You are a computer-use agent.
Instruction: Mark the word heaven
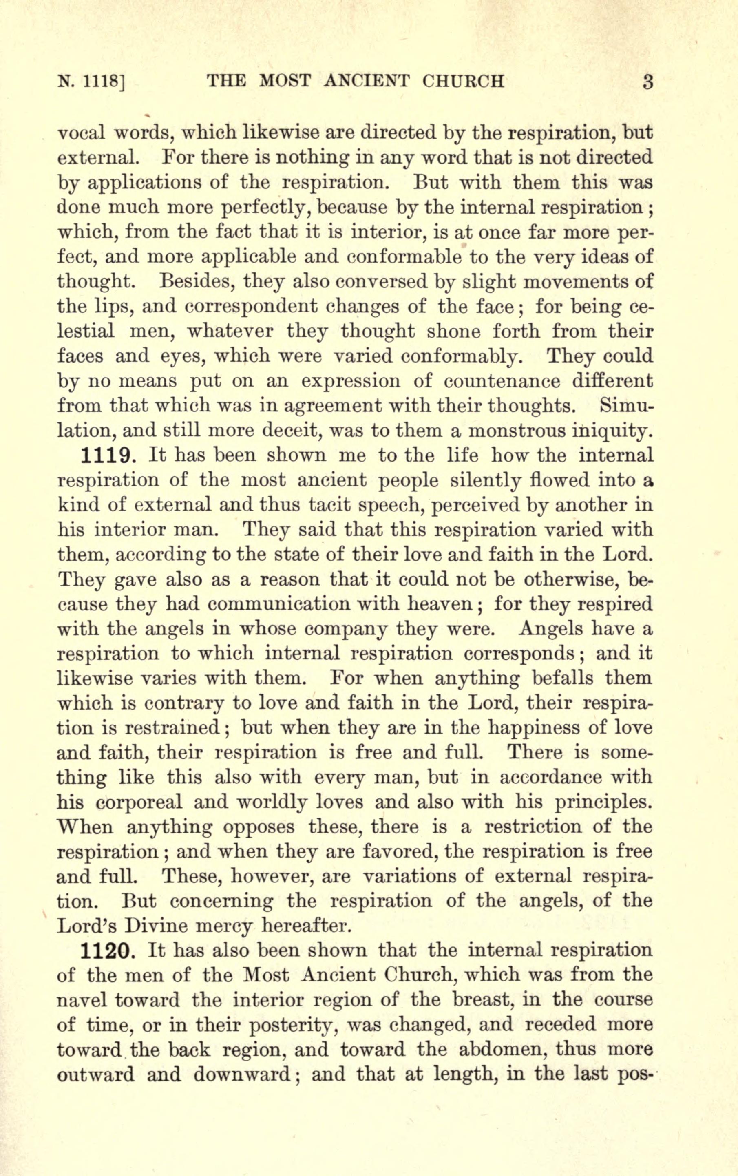[445, 604]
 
